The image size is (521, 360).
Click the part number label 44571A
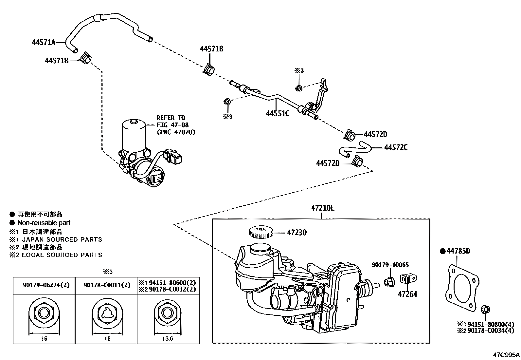[44, 42]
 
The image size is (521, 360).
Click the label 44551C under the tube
[278, 113]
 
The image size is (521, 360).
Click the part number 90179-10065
[390, 265]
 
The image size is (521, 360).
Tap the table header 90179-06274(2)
[46, 285]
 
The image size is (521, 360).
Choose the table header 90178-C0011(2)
[107, 285]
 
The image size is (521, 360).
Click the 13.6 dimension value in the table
[167, 338]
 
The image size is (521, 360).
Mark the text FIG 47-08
[172, 125]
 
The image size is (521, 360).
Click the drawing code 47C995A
[506, 354]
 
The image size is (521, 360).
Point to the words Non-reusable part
[44, 223]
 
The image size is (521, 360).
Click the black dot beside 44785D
[442, 251]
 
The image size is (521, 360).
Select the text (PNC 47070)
[176, 132]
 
